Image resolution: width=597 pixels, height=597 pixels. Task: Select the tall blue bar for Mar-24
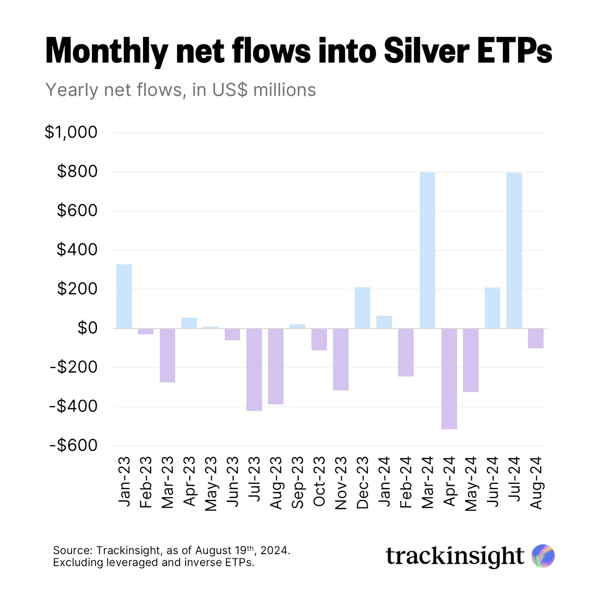point(427,250)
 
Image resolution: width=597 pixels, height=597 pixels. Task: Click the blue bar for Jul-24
point(514,250)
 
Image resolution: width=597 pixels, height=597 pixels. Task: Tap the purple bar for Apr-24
point(449,379)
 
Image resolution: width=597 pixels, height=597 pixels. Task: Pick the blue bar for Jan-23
point(124,296)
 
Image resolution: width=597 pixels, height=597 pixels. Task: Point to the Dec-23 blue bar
point(362,308)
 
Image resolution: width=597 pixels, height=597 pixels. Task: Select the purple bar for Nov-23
point(340,359)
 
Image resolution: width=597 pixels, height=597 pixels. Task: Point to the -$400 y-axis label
point(74,406)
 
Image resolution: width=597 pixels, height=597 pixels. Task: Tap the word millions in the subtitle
point(284,90)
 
